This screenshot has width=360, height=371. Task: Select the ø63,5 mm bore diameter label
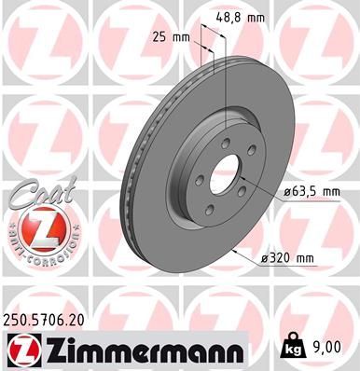[x=312, y=193]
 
